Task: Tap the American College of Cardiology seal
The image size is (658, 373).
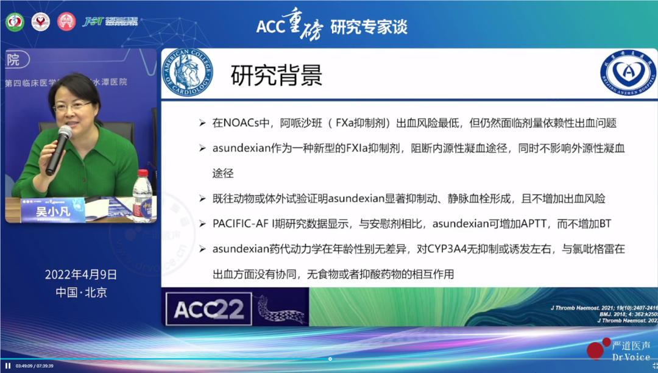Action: tap(187, 73)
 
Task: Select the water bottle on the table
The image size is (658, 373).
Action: tap(142, 194)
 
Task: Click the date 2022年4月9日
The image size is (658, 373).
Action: tap(81, 274)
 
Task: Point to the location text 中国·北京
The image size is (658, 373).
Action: tap(81, 292)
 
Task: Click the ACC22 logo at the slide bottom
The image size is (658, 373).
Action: tap(210, 310)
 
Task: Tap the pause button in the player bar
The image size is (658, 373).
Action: tap(8, 366)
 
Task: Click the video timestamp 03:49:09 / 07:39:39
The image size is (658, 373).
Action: tap(35, 366)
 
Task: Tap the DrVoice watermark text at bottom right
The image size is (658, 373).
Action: tap(630, 357)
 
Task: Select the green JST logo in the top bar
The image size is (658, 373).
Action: tap(92, 22)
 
